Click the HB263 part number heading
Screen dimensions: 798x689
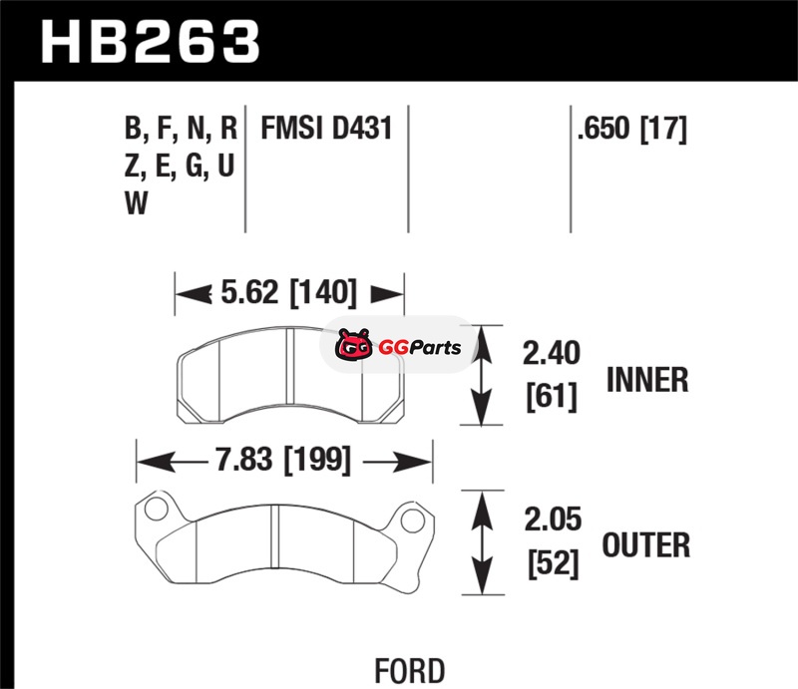(151, 42)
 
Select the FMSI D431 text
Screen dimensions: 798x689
(327, 128)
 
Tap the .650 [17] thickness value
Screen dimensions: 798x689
(632, 129)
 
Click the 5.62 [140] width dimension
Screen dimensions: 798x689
(289, 292)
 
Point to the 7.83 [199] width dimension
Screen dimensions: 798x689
(283, 460)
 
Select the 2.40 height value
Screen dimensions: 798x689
(552, 353)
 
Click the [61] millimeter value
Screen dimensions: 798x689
(553, 396)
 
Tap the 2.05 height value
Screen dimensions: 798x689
(553, 519)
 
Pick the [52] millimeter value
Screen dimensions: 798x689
(554, 563)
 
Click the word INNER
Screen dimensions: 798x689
(647, 380)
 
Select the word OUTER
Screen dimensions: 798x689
(646, 545)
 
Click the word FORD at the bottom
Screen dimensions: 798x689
(410, 671)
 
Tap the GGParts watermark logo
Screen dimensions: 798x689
(398, 345)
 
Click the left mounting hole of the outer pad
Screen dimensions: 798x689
(156, 509)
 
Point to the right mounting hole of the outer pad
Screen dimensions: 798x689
(412, 520)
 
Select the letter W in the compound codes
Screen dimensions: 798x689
(136, 203)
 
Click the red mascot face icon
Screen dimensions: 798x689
(354, 345)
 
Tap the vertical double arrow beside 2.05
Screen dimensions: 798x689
(482, 542)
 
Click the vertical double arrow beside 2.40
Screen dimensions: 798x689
(482, 375)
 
